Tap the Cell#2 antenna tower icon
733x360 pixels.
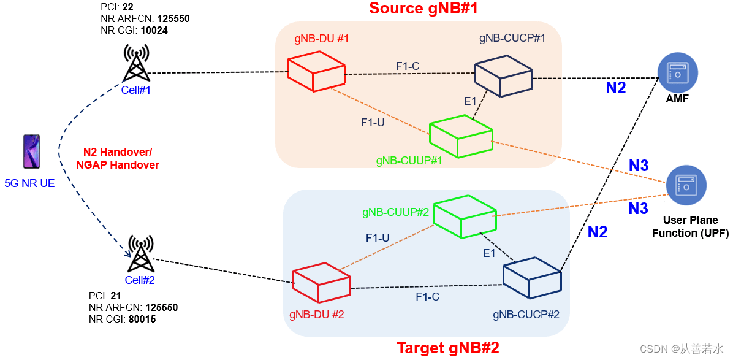pos(140,254)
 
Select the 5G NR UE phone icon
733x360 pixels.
pos(31,151)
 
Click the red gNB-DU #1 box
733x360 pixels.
pos(316,71)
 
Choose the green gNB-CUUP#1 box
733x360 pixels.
pos(461,136)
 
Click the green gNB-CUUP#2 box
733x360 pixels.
pos(464,216)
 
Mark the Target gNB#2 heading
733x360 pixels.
pos(448,348)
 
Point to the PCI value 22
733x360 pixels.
pos(127,7)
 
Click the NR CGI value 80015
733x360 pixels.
pos(140,319)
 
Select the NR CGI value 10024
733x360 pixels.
pos(154,29)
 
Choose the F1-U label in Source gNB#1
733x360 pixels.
pos(373,122)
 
